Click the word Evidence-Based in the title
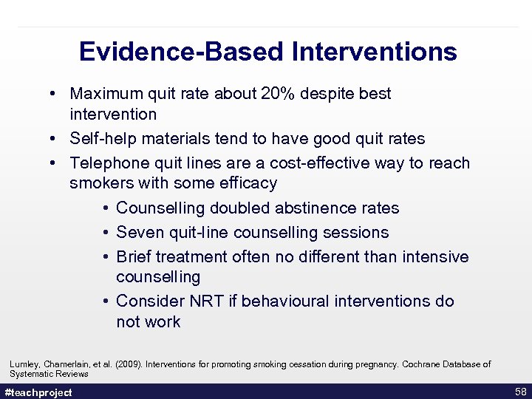coord(181,52)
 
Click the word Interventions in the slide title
coord(374,52)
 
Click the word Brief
coord(135,257)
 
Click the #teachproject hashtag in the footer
coord(38,392)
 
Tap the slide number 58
coord(519,391)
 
